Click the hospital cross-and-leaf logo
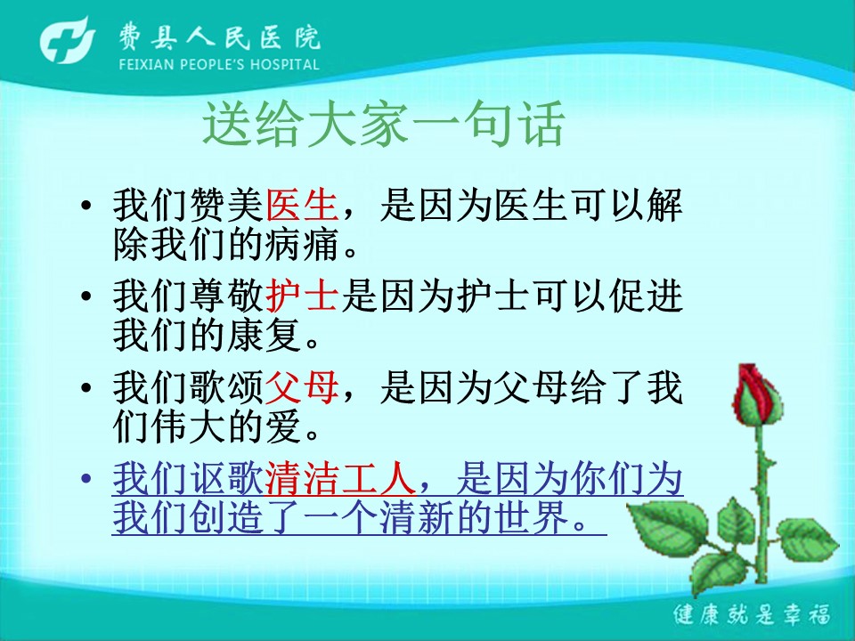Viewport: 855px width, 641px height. [x=68, y=40]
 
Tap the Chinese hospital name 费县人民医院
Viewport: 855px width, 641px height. [x=220, y=37]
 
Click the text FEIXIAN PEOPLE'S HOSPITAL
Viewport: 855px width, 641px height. [x=219, y=64]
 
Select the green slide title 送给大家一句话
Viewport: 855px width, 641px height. [x=383, y=124]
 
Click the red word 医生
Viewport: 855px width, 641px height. [x=303, y=206]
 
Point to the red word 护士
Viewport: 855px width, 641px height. [x=303, y=296]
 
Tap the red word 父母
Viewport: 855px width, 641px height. [x=303, y=387]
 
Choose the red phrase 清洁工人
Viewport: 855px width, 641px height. [x=340, y=479]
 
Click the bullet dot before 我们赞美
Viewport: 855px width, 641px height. [x=86, y=207]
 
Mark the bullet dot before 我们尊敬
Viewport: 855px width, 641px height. [x=86, y=297]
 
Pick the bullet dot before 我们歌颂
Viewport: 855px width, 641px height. [x=86, y=388]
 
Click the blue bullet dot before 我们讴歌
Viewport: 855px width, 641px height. [x=86, y=479]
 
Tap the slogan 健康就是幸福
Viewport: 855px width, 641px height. [x=752, y=614]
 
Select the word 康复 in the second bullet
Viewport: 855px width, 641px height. [x=265, y=335]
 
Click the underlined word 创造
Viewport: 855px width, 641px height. [x=226, y=516]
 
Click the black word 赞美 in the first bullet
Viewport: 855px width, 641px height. [x=226, y=206]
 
